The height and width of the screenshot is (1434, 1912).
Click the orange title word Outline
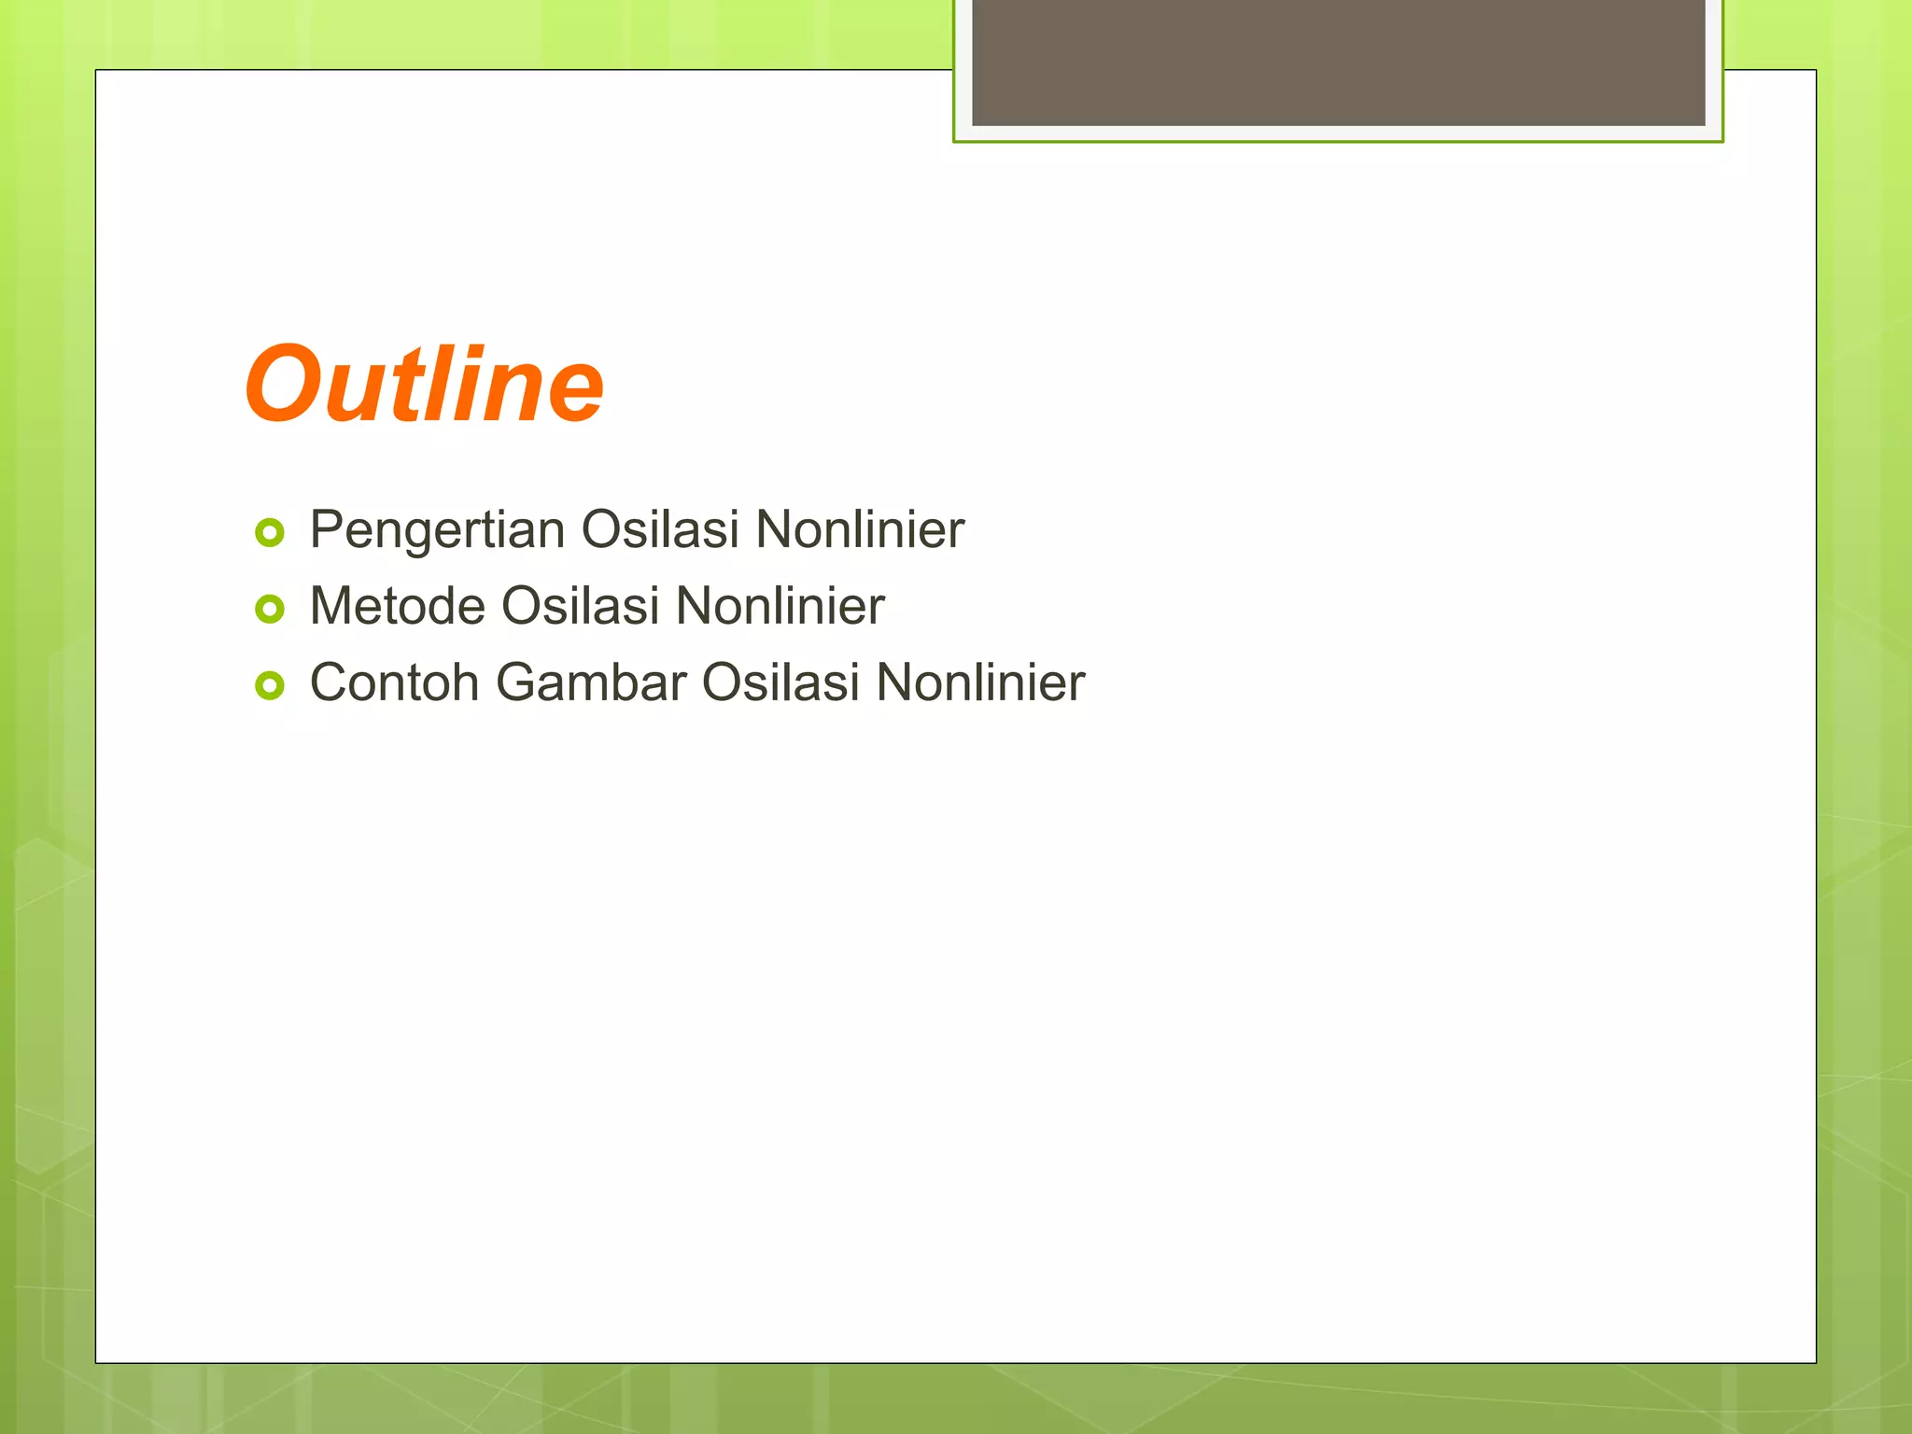(x=425, y=385)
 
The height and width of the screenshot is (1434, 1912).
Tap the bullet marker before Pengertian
(x=270, y=533)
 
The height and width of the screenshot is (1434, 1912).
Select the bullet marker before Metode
(x=270, y=610)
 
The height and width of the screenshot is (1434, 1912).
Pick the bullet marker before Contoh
(x=270, y=686)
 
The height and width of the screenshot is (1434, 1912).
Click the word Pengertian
(x=437, y=530)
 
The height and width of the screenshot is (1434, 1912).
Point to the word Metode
(x=397, y=606)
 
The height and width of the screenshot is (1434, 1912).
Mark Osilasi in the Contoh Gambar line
(x=780, y=682)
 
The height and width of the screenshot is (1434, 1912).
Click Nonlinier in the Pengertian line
(x=860, y=529)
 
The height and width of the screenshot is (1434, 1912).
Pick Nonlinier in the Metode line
(x=780, y=606)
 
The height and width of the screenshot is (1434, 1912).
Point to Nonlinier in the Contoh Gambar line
(x=980, y=682)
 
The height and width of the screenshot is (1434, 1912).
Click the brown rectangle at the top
(x=1338, y=62)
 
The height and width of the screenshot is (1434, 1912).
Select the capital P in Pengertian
(x=326, y=529)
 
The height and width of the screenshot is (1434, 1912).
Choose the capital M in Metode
(x=331, y=606)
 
